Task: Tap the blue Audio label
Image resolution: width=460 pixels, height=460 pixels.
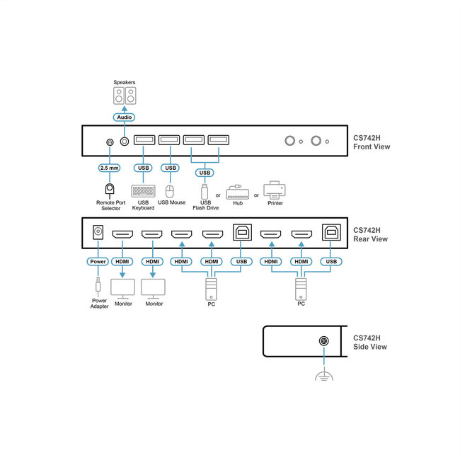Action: point(124,117)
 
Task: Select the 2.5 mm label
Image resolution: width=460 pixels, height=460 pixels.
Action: point(110,168)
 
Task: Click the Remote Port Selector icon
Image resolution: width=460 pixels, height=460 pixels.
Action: point(110,189)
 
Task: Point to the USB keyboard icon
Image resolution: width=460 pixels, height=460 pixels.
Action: point(143,190)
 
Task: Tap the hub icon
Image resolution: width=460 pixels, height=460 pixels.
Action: point(238,192)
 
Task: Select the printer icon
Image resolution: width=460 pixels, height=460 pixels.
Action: point(274,190)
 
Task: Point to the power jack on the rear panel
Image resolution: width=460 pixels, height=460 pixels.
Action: point(98,231)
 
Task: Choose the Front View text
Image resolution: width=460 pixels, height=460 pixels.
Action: point(372,147)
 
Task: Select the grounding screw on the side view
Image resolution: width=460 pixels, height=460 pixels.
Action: point(323,342)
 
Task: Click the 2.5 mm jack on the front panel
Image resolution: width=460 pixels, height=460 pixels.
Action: point(110,142)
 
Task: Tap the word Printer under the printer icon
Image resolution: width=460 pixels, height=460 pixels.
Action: point(274,203)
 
